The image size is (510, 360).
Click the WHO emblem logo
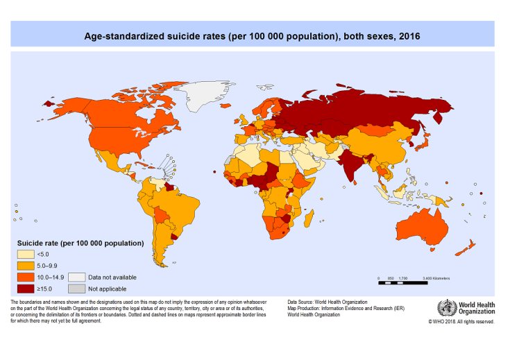[x=445, y=309]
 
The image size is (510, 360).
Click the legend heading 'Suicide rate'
[x=80, y=243]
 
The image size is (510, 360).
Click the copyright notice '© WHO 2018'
[x=461, y=322]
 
